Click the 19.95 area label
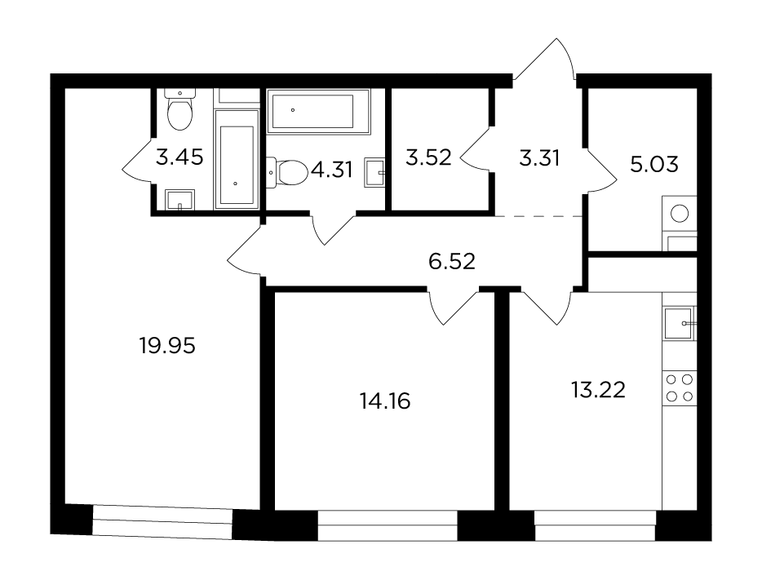[x=167, y=346]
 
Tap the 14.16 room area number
[x=385, y=401]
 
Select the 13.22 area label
[x=598, y=390]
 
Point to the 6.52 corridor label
[x=451, y=262]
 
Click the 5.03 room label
[x=654, y=165]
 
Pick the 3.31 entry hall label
[x=539, y=158]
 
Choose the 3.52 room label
[x=428, y=158]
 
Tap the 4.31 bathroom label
[x=331, y=170]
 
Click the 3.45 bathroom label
[x=179, y=157]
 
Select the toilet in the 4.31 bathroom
[x=288, y=172]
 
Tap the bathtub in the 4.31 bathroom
[x=319, y=111]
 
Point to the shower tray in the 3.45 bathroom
[x=237, y=159]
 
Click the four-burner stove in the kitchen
[x=680, y=388]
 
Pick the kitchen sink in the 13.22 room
[x=679, y=323]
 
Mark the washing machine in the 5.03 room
[x=680, y=214]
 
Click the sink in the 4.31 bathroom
[x=374, y=171]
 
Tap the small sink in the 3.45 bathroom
[x=179, y=200]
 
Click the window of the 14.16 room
[x=388, y=525]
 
